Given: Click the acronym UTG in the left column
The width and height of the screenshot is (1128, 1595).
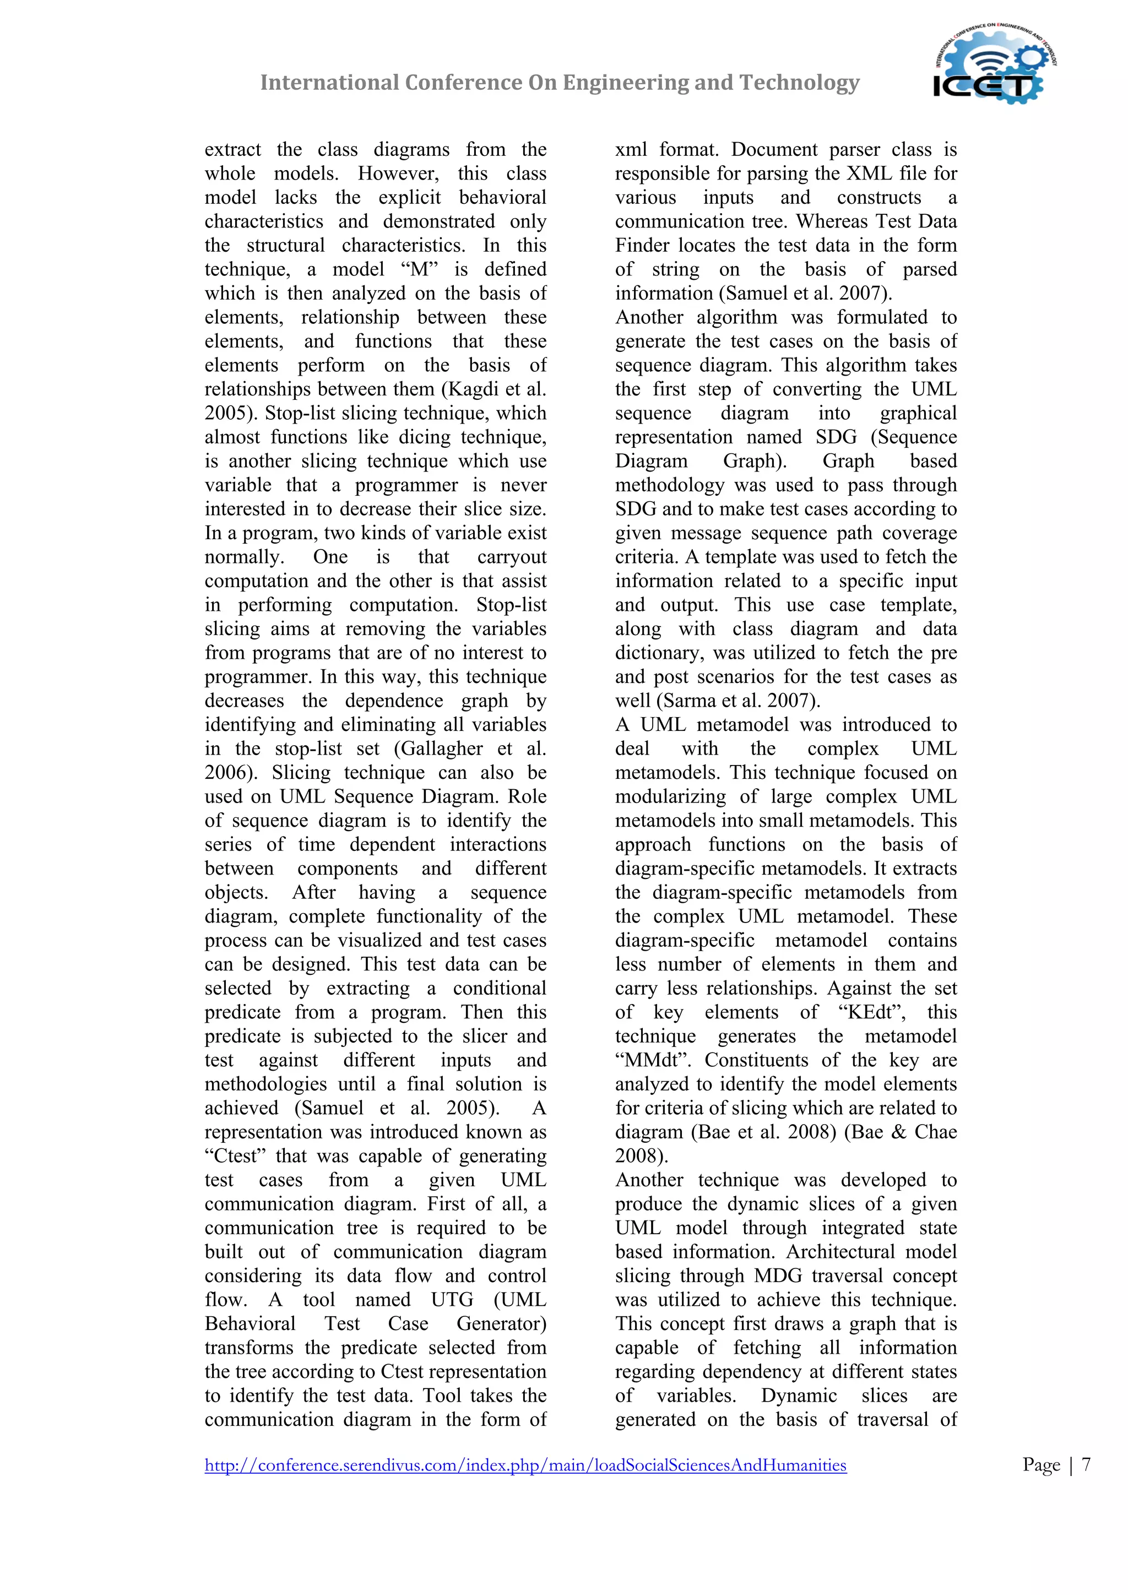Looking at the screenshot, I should coord(452,1300).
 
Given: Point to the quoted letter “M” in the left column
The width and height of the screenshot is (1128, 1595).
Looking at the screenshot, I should coord(420,269).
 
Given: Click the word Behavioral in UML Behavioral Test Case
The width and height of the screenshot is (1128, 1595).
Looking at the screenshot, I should coord(250,1323).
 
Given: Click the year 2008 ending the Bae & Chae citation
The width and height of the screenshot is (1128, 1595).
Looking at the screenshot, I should coord(637,1156).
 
